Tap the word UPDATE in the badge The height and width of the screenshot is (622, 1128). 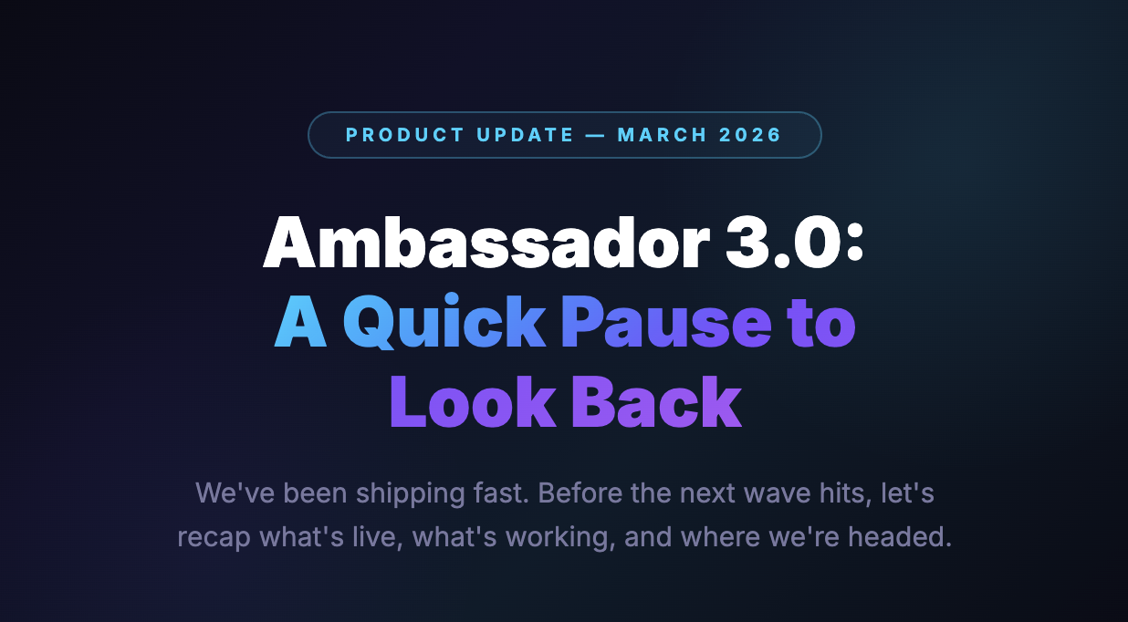pyautogui.click(x=525, y=135)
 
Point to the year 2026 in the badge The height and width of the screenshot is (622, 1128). pyautogui.click(x=750, y=135)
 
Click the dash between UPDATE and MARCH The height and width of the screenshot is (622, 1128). pyautogui.click(x=596, y=135)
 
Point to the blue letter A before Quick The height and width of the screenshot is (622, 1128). pyautogui.click(x=300, y=323)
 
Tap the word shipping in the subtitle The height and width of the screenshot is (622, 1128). pyautogui.click(x=409, y=494)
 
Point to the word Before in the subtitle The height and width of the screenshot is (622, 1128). pyautogui.click(x=578, y=494)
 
